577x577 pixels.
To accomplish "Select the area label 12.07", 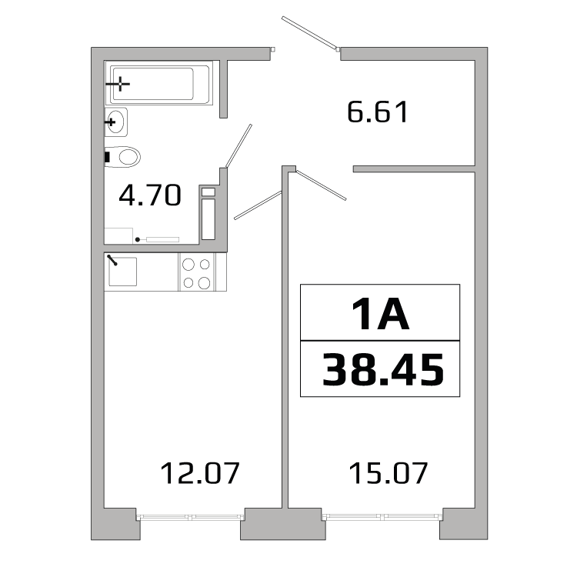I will pos(200,472).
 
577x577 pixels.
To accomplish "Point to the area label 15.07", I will pos(388,472).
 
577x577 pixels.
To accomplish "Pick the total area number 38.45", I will pos(382,369).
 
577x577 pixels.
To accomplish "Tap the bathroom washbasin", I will pos(115,122).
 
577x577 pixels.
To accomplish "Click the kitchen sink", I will pos(122,271).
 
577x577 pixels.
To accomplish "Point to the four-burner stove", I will pos(195,272).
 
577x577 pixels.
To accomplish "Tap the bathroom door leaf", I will pos(238,145).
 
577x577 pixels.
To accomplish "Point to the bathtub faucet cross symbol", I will pos(120,83).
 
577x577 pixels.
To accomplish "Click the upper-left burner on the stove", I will pos(188,264).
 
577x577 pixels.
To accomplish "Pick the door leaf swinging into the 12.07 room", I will pos(258,205).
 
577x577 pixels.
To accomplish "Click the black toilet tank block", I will pos(108,157).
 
